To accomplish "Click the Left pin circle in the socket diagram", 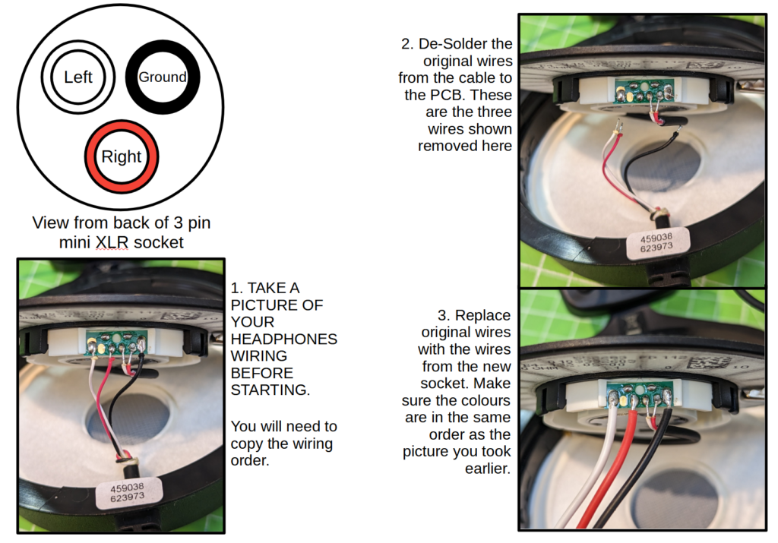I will coord(78,77).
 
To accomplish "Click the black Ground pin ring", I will coord(163,77).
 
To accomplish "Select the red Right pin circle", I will coord(122,156).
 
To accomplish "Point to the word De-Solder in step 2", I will coord(476,43).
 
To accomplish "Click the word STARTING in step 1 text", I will coord(270,390).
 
